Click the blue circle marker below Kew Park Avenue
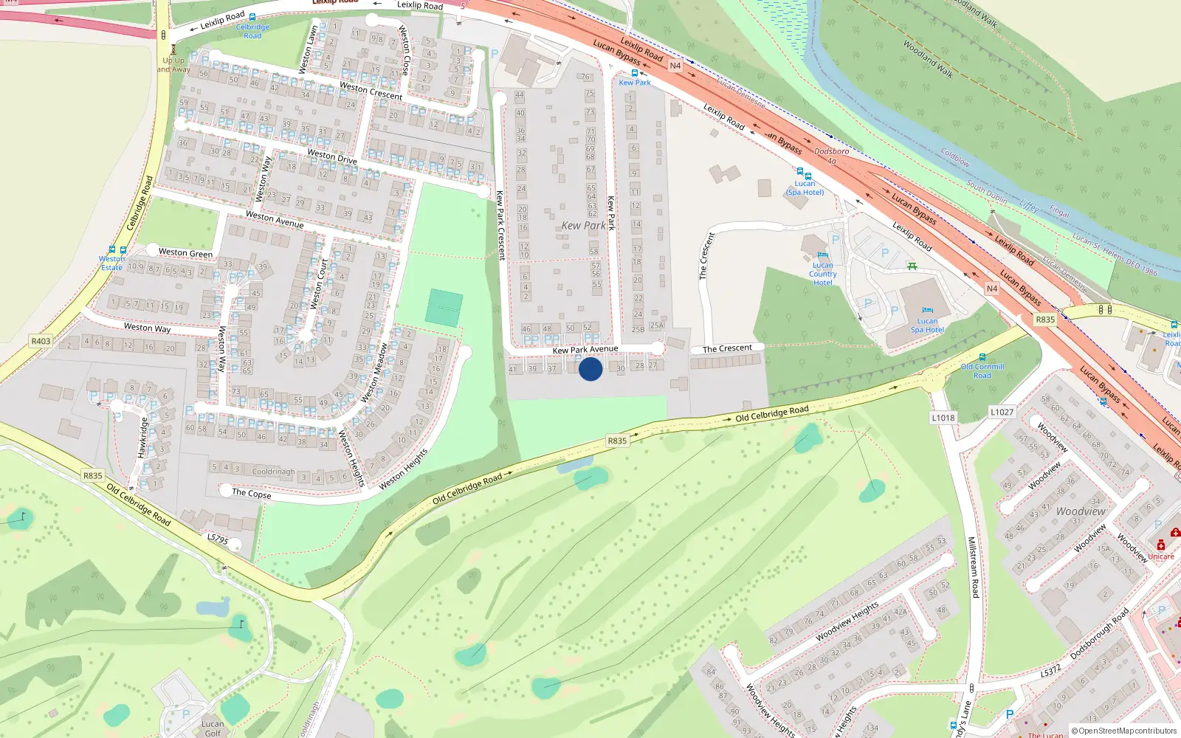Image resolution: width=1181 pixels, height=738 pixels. pos(590,369)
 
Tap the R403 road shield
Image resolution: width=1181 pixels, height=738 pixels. pos(41,341)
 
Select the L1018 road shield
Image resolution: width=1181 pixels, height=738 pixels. pos(943,418)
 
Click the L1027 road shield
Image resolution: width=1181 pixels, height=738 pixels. pos(1002,412)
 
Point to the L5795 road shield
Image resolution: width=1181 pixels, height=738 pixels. pos(218,539)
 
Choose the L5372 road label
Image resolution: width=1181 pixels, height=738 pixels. pos(1050,672)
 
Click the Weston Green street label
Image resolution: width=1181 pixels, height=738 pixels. pos(185,253)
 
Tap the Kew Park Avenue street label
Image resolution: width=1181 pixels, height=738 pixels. pos(585,349)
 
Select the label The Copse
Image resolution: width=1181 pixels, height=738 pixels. pos(251,493)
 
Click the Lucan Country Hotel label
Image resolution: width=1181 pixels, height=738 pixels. pos(822,274)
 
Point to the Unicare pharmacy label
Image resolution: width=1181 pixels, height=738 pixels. pos(1160,556)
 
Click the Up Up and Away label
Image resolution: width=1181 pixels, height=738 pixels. pos(173,65)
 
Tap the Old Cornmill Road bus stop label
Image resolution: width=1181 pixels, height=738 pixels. pos(982,370)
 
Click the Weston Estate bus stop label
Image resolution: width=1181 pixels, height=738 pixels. pos(112,263)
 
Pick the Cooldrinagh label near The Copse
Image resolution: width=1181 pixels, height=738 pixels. pos(273,472)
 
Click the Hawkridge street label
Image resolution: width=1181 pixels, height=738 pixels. pos(143,437)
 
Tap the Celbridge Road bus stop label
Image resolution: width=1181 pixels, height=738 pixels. pos(252,31)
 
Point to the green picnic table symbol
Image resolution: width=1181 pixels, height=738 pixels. pos(912,266)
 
